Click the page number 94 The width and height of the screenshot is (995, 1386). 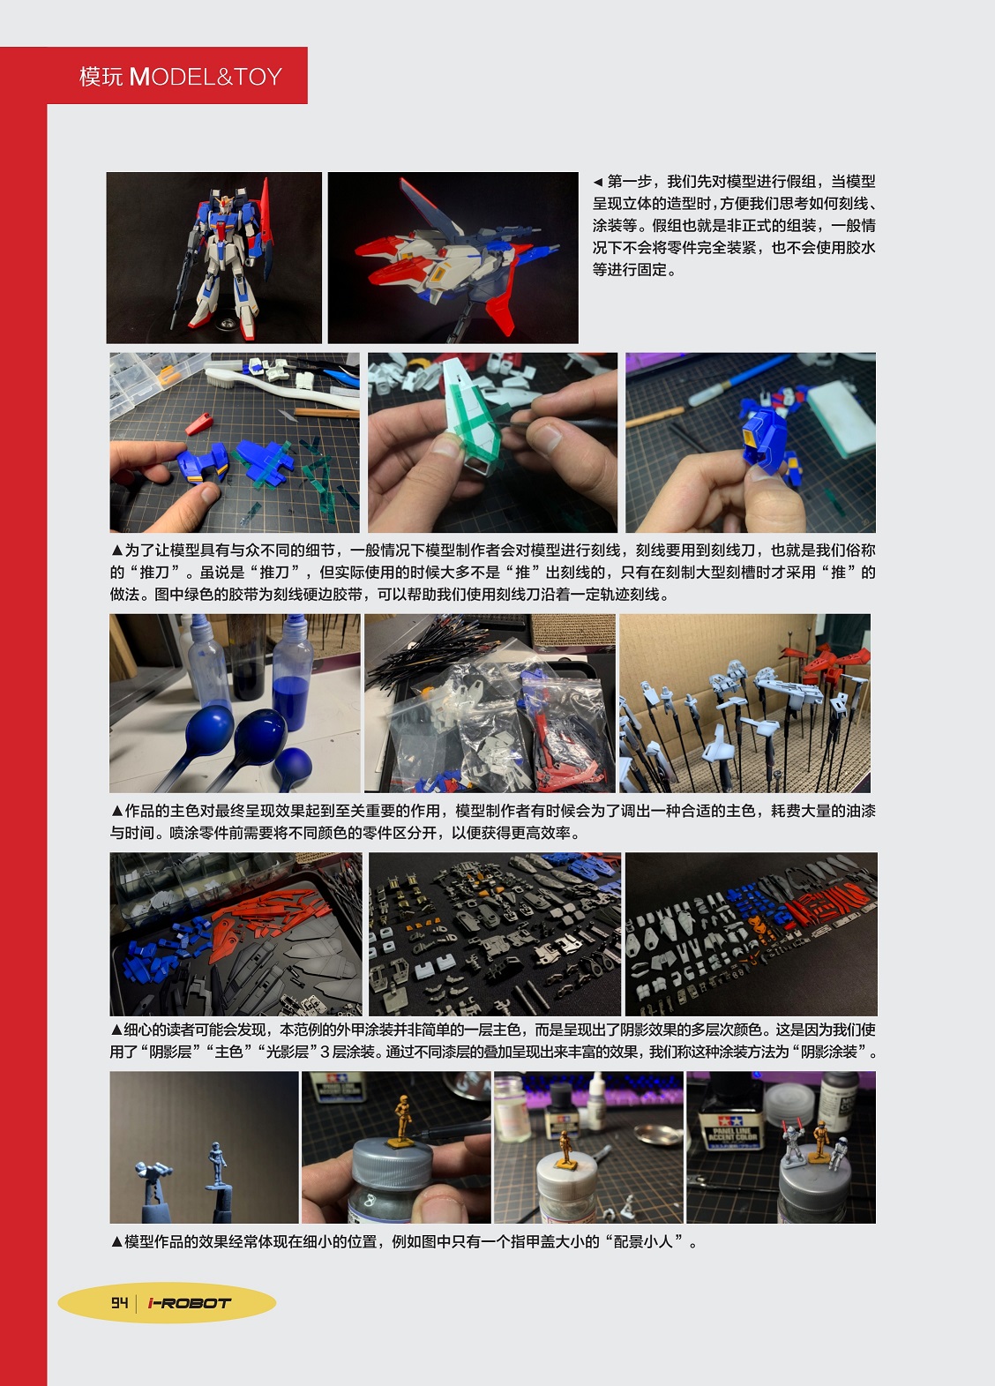[x=119, y=1302]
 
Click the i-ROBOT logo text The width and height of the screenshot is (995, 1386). [x=190, y=1303]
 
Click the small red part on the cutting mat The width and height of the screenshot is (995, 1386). [x=198, y=424]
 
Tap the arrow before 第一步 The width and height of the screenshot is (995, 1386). [x=597, y=183]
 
